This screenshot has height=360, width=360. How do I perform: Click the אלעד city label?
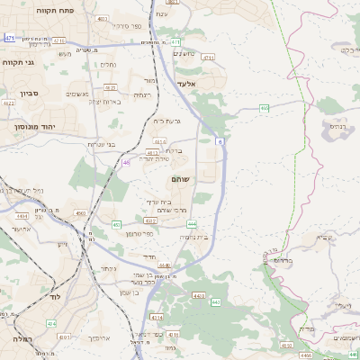186,83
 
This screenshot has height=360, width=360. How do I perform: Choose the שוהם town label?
180,180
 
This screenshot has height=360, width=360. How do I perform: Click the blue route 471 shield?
9,38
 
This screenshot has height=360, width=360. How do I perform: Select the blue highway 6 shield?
220,140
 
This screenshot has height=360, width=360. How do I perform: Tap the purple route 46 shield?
126,163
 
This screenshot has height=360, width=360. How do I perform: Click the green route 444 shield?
192,222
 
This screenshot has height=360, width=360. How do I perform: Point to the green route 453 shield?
116,224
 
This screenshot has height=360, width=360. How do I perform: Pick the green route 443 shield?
215,302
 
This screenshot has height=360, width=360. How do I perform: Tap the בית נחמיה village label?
193,237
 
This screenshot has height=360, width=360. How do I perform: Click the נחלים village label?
108,65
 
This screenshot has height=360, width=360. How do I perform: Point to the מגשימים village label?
77,94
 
